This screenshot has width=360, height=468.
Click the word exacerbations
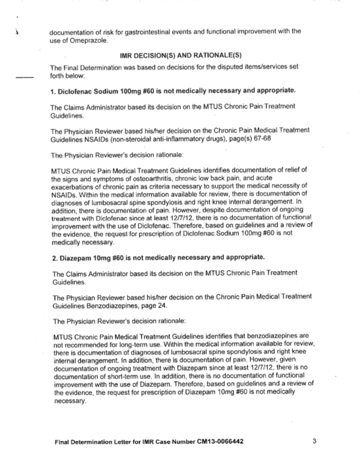pyautogui.click(x=73, y=186)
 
